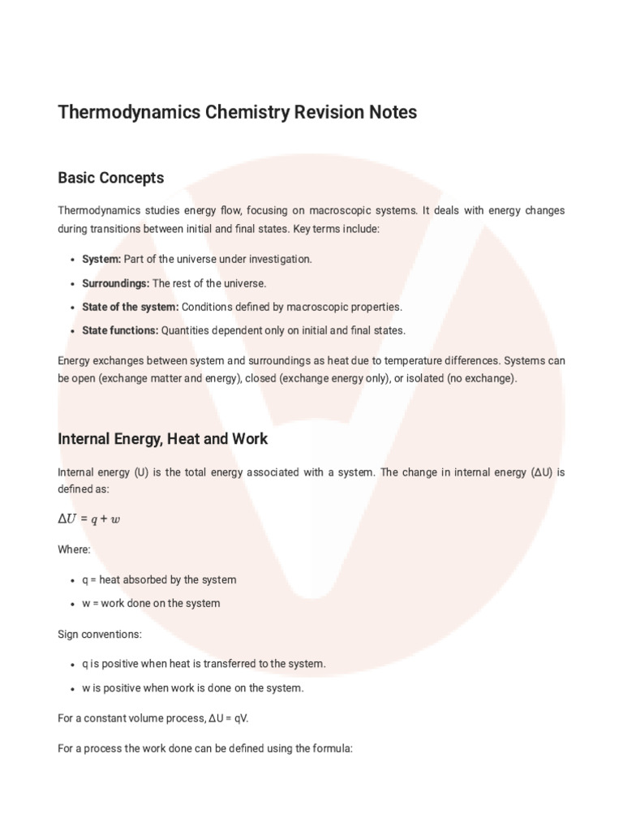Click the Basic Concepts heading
(x=110, y=177)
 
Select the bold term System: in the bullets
(x=101, y=259)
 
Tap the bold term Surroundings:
(x=115, y=283)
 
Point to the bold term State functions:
(x=120, y=330)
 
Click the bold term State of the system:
(x=130, y=307)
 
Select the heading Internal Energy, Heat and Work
(x=162, y=439)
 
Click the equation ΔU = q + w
(x=88, y=519)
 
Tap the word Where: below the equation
(x=74, y=549)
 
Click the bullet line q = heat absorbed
(x=159, y=579)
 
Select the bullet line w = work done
(x=151, y=603)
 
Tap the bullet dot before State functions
(x=73, y=331)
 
